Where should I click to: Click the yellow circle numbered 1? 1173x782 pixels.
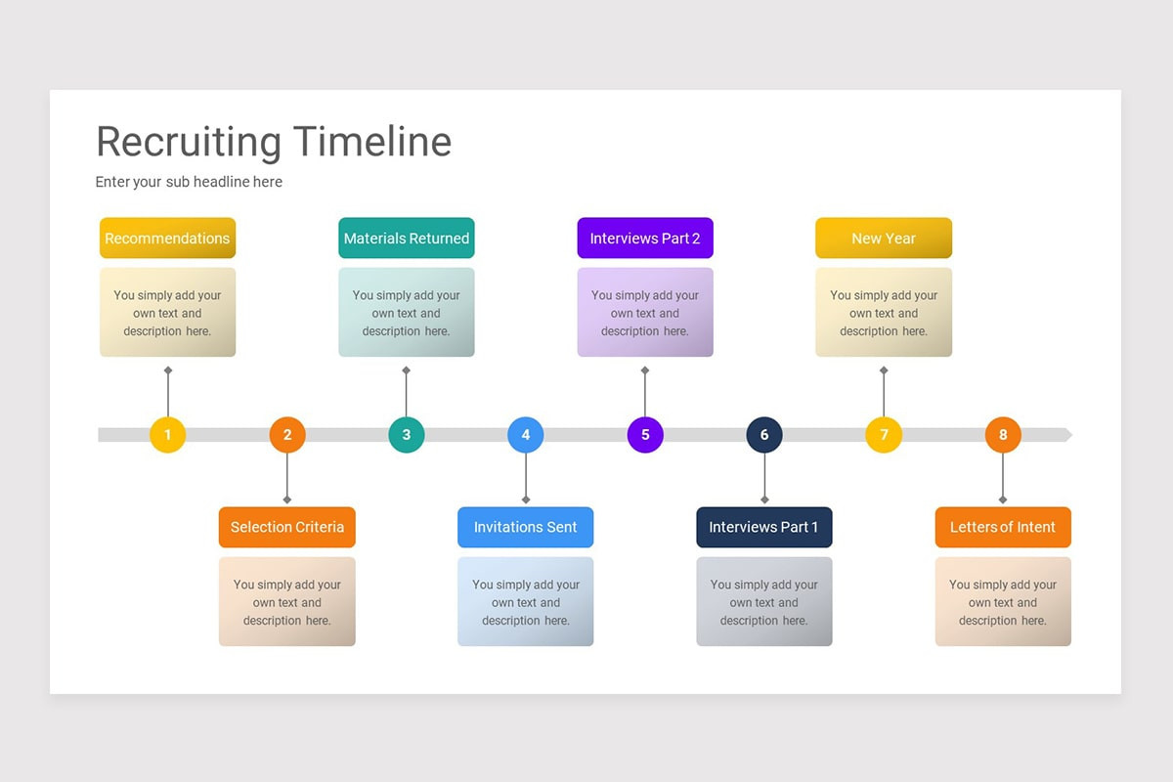167,435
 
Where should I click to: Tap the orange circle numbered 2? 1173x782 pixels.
287,435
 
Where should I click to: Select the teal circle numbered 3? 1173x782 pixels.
407,435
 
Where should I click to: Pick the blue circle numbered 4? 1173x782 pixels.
526,435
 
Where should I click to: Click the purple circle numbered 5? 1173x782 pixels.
645,435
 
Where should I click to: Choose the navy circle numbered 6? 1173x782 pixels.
764,435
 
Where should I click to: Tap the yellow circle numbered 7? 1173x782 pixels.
884,435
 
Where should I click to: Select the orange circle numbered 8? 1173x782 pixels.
1003,435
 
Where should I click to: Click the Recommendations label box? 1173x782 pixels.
167,239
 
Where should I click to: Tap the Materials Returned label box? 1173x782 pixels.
407,239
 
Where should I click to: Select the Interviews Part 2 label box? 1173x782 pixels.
645,239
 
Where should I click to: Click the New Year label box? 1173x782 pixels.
884,239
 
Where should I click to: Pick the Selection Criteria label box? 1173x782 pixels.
287,527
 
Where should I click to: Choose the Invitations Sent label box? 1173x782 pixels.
526,527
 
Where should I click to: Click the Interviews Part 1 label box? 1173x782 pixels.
764,527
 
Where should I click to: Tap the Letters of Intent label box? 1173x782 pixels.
1003,527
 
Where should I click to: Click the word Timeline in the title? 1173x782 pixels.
371,142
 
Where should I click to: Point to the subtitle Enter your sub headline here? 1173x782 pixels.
189,182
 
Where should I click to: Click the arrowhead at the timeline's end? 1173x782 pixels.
1067,435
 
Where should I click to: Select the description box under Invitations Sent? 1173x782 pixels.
526,602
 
